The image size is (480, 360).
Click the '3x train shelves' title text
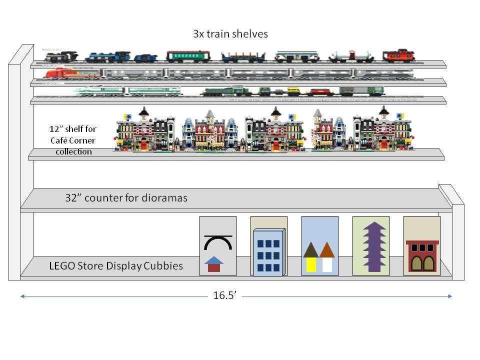[x=230, y=34]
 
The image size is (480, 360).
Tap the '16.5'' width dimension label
[x=224, y=295]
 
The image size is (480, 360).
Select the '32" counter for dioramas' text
[x=126, y=198]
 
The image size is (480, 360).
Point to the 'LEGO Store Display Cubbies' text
[x=116, y=266]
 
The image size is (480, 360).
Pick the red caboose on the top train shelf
[x=398, y=55]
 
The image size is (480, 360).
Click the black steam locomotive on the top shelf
[x=61, y=55]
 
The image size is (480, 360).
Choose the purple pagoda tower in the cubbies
[x=371, y=247]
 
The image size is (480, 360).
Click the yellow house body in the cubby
[x=311, y=263]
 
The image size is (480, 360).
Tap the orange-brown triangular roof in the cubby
[x=326, y=249]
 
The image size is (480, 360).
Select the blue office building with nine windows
[x=269, y=252]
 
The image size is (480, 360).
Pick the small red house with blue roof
[x=214, y=264]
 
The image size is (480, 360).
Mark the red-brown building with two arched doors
[x=422, y=255]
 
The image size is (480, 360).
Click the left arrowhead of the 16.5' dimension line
[x=22, y=296]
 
